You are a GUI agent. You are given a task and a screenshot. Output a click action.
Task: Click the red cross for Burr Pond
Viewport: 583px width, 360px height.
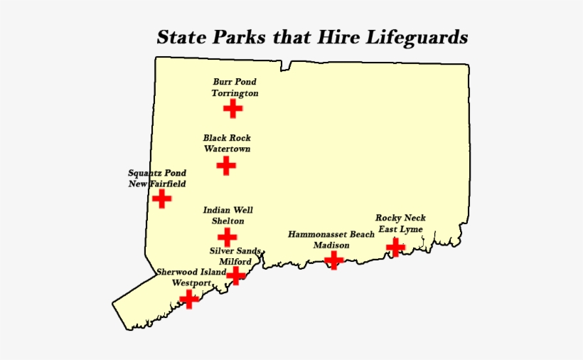(232, 108)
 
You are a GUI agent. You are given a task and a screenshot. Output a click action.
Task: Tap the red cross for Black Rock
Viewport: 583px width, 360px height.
(226, 166)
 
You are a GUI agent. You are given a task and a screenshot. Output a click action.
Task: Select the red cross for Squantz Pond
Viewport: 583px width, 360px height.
(162, 198)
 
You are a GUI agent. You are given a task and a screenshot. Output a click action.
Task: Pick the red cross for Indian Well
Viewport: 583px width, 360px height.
(227, 237)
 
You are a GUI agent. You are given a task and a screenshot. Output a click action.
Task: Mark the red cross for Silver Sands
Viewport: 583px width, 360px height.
(236, 275)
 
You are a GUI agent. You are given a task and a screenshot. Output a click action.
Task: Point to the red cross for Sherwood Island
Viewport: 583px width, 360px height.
(189, 298)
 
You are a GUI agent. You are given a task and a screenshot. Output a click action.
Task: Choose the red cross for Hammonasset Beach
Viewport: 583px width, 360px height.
(333, 260)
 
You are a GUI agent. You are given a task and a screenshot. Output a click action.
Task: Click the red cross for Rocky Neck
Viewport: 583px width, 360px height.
(395, 248)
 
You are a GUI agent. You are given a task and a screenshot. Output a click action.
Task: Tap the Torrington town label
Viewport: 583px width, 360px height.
(235, 93)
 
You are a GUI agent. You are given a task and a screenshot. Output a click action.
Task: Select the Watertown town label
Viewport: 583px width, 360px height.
(227, 149)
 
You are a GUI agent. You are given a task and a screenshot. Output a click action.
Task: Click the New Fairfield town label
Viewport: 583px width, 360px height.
(157, 184)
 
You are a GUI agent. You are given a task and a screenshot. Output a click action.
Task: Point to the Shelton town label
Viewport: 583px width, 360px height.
(228, 221)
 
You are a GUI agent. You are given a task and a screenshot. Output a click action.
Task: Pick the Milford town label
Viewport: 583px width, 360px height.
(235, 262)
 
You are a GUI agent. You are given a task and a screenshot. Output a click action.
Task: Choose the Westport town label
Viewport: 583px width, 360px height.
(192, 283)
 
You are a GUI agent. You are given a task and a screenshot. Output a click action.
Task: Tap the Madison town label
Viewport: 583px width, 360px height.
(331, 245)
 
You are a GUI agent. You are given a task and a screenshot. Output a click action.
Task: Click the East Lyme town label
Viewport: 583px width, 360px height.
(400, 230)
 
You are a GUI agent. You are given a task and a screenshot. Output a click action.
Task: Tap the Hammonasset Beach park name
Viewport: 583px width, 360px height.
(331, 234)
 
